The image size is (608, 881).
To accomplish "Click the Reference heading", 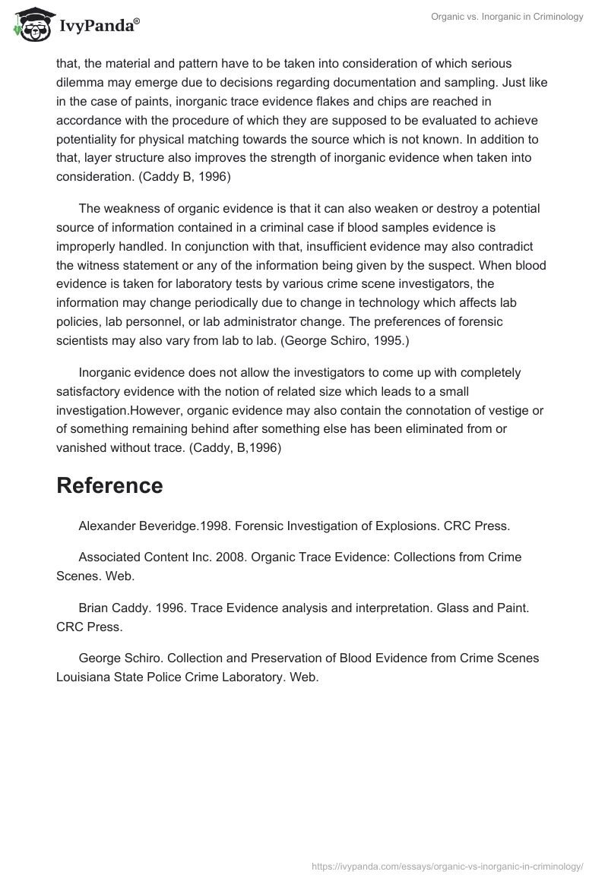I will coord(109,485).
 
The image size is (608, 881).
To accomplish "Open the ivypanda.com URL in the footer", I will coord(447,865).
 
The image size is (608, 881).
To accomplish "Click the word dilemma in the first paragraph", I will coord(82,82).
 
